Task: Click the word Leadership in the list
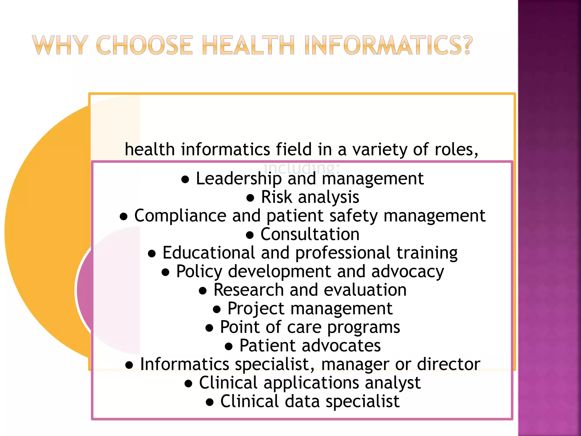click(239, 179)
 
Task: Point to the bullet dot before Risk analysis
click(250, 198)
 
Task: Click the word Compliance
click(180, 216)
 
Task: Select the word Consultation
click(310, 234)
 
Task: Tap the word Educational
click(209, 253)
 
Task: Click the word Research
click(249, 290)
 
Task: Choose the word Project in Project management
click(256, 309)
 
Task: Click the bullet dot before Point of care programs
click(209, 328)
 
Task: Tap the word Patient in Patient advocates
click(268, 346)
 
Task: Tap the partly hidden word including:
click(301, 168)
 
